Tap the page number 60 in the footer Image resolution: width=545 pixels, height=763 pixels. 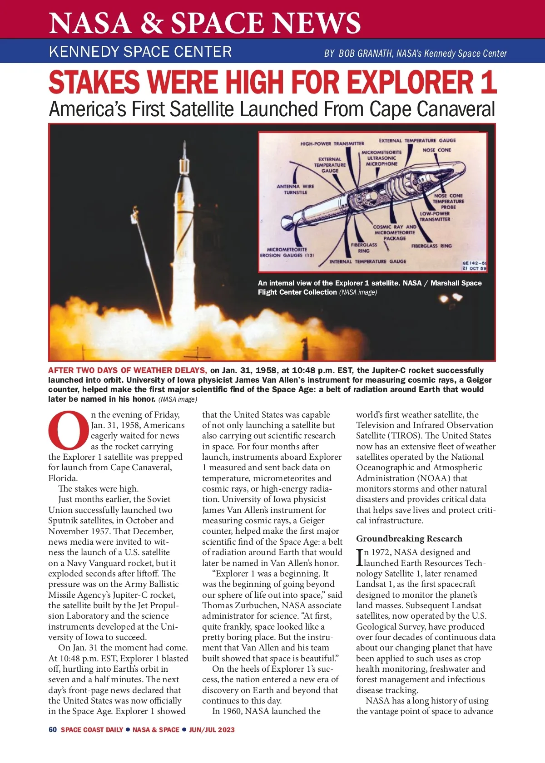pyautogui.click(x=53, y=729)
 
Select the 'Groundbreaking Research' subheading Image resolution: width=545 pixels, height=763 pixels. pyautogui.click(x=409, y=538)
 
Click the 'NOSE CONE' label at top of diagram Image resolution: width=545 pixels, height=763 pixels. pyautogui.click(x=436, y=150)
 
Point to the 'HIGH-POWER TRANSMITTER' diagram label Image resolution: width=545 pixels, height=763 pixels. pyautogui.click(x=332, y=143)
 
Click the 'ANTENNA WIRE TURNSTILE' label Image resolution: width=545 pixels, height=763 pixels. pyautogui.click(x=295, y=189)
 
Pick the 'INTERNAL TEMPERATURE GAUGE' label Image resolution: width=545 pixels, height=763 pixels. pyautogui.click(x=367, y=261)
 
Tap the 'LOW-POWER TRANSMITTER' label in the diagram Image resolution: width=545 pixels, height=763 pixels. pyautogui.click(x=435, y=217)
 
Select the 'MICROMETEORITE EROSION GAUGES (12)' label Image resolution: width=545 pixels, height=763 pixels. pyautogui.click(x=287, y=252)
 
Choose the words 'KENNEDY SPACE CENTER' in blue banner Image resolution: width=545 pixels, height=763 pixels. pyautogui.click(x=140, y=51)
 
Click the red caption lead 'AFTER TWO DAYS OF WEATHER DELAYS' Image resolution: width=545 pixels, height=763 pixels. pyautogui.click(x=128, y=370)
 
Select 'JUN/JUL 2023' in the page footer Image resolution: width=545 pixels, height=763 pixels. pyautogui.click(x=212, y=730)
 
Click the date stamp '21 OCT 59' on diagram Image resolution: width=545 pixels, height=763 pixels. pyautogui.click(x=474, y=268)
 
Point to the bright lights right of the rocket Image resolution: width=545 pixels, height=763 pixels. pyautogui.click(x=451, y=298)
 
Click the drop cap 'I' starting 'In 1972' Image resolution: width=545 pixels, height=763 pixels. pyautogui.click(x=360, y=557)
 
